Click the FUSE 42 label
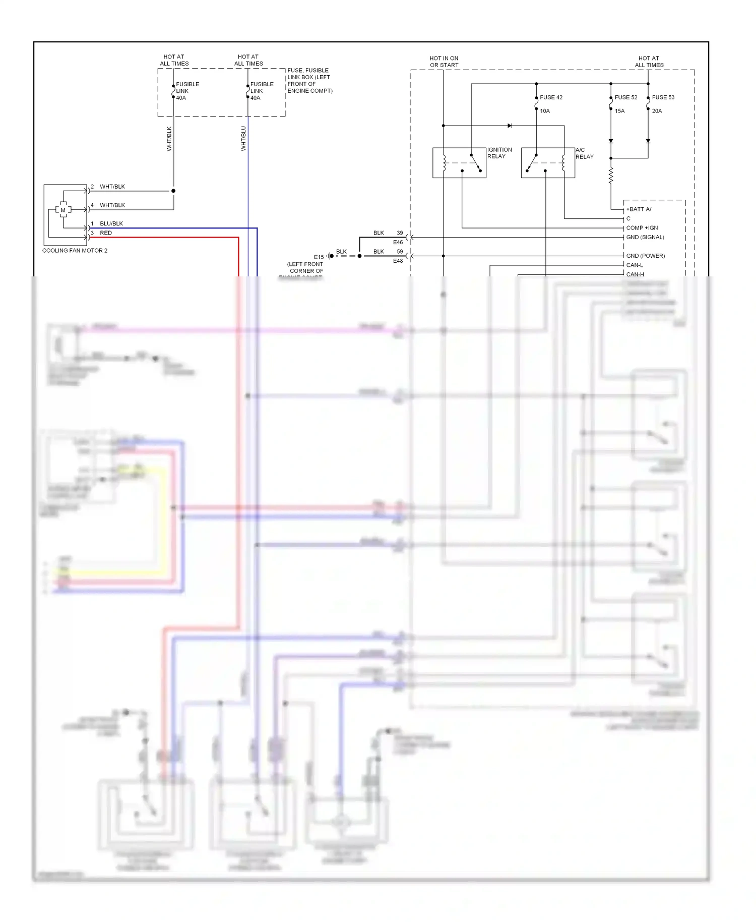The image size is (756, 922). [x=551, y=97]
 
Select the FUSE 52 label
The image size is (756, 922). [x=625, y=97]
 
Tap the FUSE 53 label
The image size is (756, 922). [x=663, y=97]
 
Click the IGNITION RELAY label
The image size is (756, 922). [x=499, y=153]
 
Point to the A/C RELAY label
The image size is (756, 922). [x=584, y=153]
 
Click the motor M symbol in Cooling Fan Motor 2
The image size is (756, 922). [x=63, y=210]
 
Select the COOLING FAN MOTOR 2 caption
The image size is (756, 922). [x=75, y=251]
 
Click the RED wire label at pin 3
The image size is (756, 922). [x=106, y=233]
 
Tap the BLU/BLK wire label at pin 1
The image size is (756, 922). [x=111, y=223]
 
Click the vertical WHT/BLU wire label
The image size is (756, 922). [x=243, y=139]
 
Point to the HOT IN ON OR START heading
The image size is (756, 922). [x=444, y=62]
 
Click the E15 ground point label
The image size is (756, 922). [x=319, y=257]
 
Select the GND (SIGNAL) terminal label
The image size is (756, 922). [x=645, y=237]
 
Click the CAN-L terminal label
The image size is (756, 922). [x=634, y=265]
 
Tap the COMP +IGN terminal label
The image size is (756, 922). [x=642, y=228]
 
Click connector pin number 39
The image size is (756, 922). [x=400, y=233]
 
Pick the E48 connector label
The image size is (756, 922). [x=398, y=261]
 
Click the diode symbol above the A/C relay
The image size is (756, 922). [x=510, y=126]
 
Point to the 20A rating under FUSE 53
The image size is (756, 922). [x=657, y=111]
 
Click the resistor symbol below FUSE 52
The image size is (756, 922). [x=611, y=176]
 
